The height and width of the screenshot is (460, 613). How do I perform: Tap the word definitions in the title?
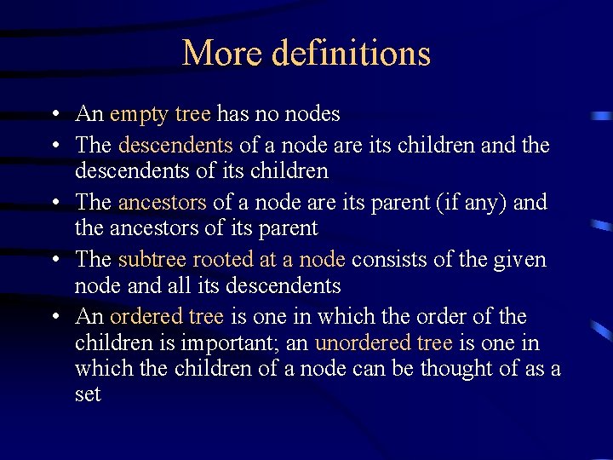click(x=351, y=53)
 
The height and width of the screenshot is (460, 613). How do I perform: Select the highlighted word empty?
click(x=139, y=114)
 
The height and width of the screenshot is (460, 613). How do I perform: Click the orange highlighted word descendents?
click(x=175, y=145)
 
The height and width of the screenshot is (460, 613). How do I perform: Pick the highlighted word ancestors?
click(x=162, y=203)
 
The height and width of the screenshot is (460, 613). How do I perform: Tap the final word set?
click(x=88, y=394)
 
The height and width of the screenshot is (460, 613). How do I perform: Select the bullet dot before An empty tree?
click(x=54, y=114)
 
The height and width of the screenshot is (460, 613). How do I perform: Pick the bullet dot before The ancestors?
click(x=54, y=203)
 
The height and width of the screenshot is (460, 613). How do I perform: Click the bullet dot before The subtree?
click(x=54, y=259)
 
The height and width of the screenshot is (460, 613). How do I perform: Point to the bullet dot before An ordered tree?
click(x=54, y=317)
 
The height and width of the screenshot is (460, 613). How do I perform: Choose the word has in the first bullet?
click(x=232, y=113)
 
